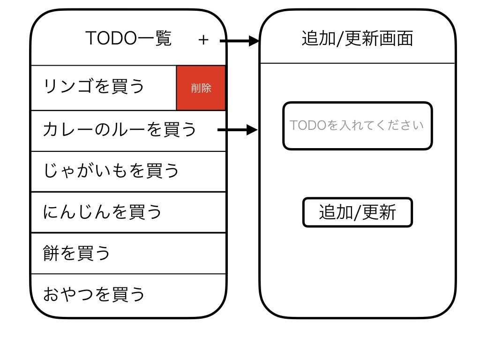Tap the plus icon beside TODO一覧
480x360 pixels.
pos(203,40)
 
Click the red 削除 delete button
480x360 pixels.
pos(201,88)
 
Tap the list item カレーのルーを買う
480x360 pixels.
pos(119,129)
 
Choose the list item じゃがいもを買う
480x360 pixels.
pos(111,171)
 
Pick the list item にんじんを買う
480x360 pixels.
pos(102,212)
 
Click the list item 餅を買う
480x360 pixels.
pos(77,253)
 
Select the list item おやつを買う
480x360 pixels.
pos(94,294)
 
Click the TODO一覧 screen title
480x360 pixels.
pos(128,38)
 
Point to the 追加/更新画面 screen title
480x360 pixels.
pos(357,38)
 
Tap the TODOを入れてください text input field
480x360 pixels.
pos(357,126)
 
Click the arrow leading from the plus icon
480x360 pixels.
pos(239,41)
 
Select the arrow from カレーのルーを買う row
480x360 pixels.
pos(238,130)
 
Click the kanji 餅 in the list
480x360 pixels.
pos(51,253)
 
